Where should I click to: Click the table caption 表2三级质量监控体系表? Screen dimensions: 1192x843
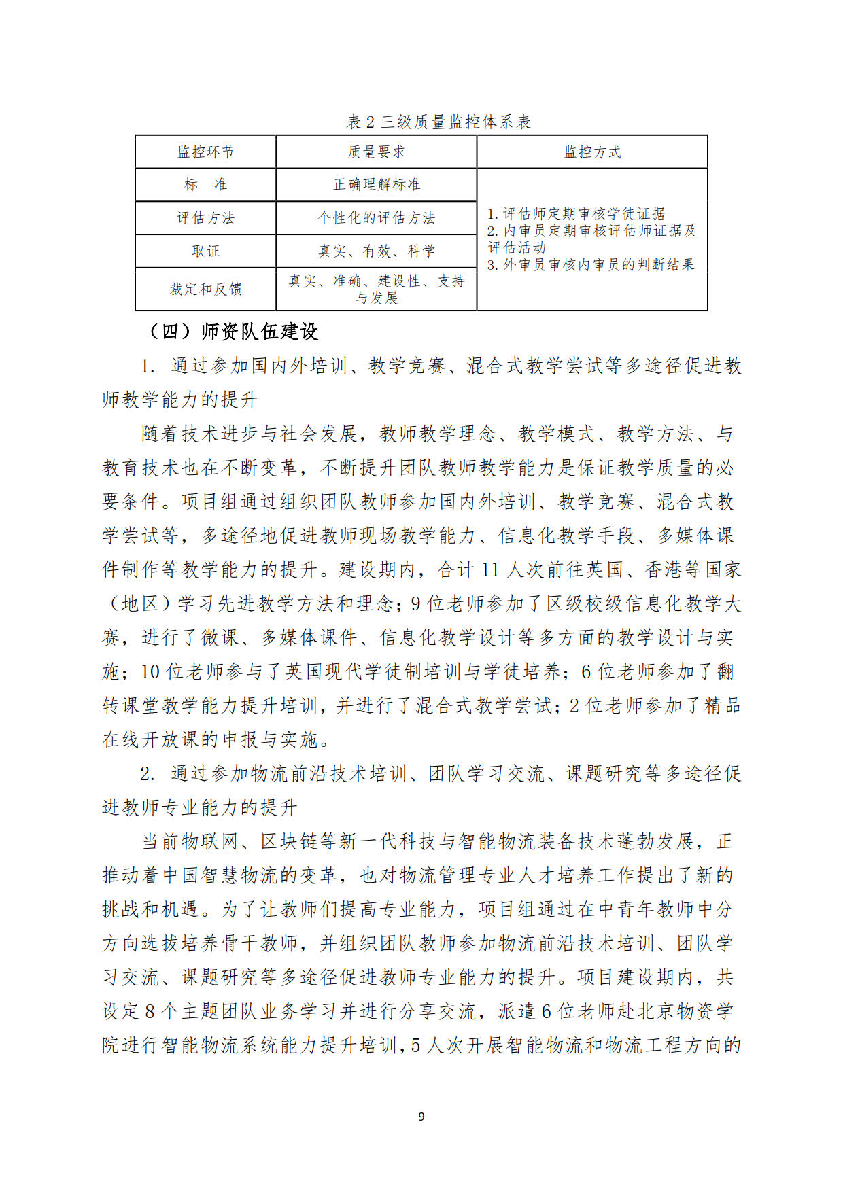[438, 122]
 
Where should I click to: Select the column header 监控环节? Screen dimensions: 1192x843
[205, 152]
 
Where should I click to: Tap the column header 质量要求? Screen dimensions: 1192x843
[376, 152]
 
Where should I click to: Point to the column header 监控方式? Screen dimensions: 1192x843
[592, 152]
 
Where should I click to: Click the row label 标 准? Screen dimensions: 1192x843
[205, 185]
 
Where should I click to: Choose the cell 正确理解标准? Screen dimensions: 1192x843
[376, 185]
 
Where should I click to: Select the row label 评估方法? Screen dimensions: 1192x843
[205, 218]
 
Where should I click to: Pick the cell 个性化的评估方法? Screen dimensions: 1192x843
[376, 218]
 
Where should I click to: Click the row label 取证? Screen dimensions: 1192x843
[205, 251]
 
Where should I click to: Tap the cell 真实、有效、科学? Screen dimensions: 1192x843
[376, 251]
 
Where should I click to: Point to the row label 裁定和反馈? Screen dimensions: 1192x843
[205, 289]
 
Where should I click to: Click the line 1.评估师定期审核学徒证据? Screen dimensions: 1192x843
[576, 213]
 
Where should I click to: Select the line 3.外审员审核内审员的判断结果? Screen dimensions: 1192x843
[591, 264]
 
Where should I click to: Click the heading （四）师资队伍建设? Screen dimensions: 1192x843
[233, 332]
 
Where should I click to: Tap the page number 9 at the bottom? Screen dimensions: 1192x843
[421, 1117]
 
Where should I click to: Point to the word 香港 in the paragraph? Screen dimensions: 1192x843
[664, 569]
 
